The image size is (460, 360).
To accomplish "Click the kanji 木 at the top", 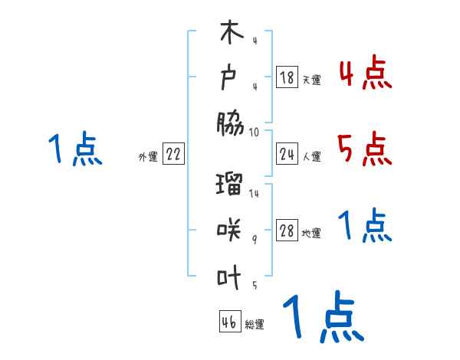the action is coord(231,35).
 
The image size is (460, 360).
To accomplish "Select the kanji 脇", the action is coord(231,122).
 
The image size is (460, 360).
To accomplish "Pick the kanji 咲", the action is coord(231,229).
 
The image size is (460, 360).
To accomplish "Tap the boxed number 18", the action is coord(287,77).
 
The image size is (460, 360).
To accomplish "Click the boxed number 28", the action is coord(287,232).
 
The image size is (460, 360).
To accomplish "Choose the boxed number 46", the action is coord(229,322).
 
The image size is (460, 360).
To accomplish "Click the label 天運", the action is coord(311,80).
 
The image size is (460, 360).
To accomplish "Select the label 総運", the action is coord(255,325).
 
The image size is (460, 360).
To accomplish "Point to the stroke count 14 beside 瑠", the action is coord(254,194).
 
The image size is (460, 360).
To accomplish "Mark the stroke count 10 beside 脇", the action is coord(254,132).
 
